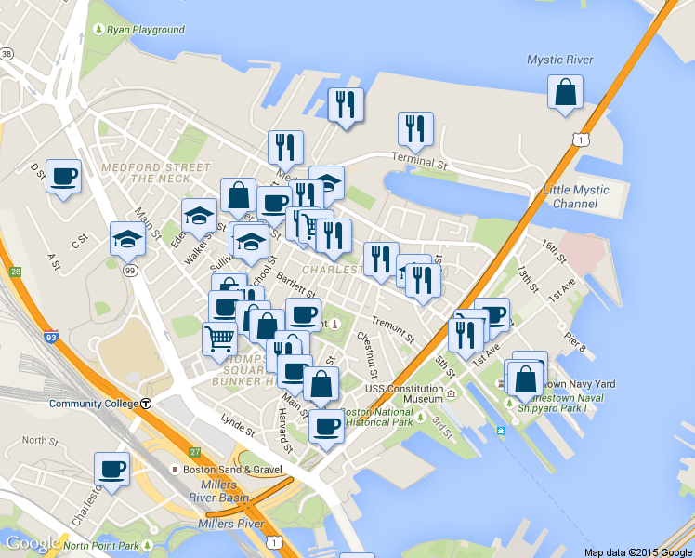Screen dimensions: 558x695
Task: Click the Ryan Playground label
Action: pyautogui.click(x=146, y=30)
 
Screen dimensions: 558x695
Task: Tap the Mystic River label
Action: pyautogui.click(x=559, y=60)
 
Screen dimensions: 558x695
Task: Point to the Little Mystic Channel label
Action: pyautogui.click(x=576, y=196)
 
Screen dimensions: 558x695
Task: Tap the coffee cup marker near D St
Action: pyautogui.click(x=63, y=176)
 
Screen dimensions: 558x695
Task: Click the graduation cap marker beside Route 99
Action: pyautogui.click(x=127, y=239)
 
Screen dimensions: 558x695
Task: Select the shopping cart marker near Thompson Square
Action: pyautogui.click(x=219, y=338)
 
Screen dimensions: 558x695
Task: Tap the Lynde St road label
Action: pyautogui.click(x=238, y=427)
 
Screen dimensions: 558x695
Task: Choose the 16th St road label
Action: pyautogui.click(x=554, y=249)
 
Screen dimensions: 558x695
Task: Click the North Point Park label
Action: pyautogui.click(x=101, y=546)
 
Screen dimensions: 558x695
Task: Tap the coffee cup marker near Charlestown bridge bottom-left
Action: pyautogui.click(x=111, y=469)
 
